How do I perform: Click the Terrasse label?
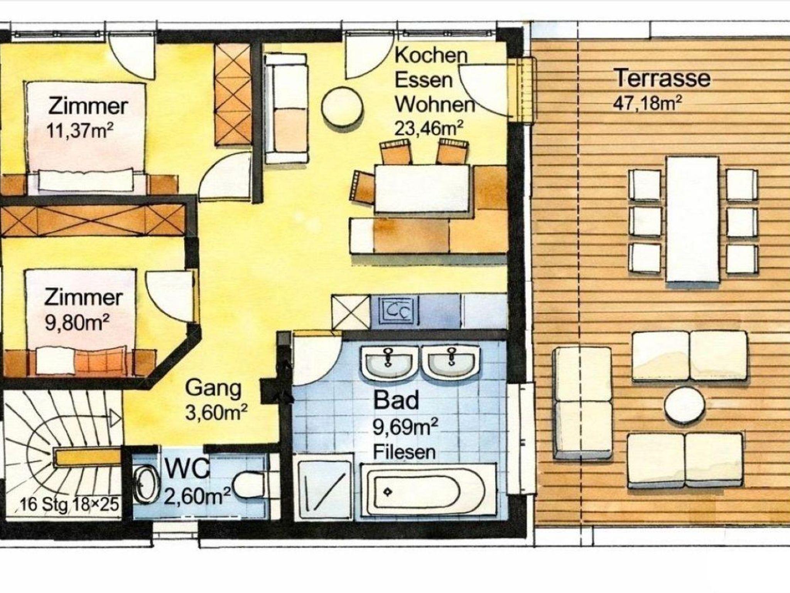[x=662, y=78]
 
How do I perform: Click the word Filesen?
[x=404, y=451]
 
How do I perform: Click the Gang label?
[x=213, y=389]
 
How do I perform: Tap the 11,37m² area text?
[x=80, y=131]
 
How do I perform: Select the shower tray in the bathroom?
[x=323, y=487]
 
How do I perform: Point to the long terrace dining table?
[x=692, y=219]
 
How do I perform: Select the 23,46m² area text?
[x=428, y=128]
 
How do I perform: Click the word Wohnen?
[x=435, y=104]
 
